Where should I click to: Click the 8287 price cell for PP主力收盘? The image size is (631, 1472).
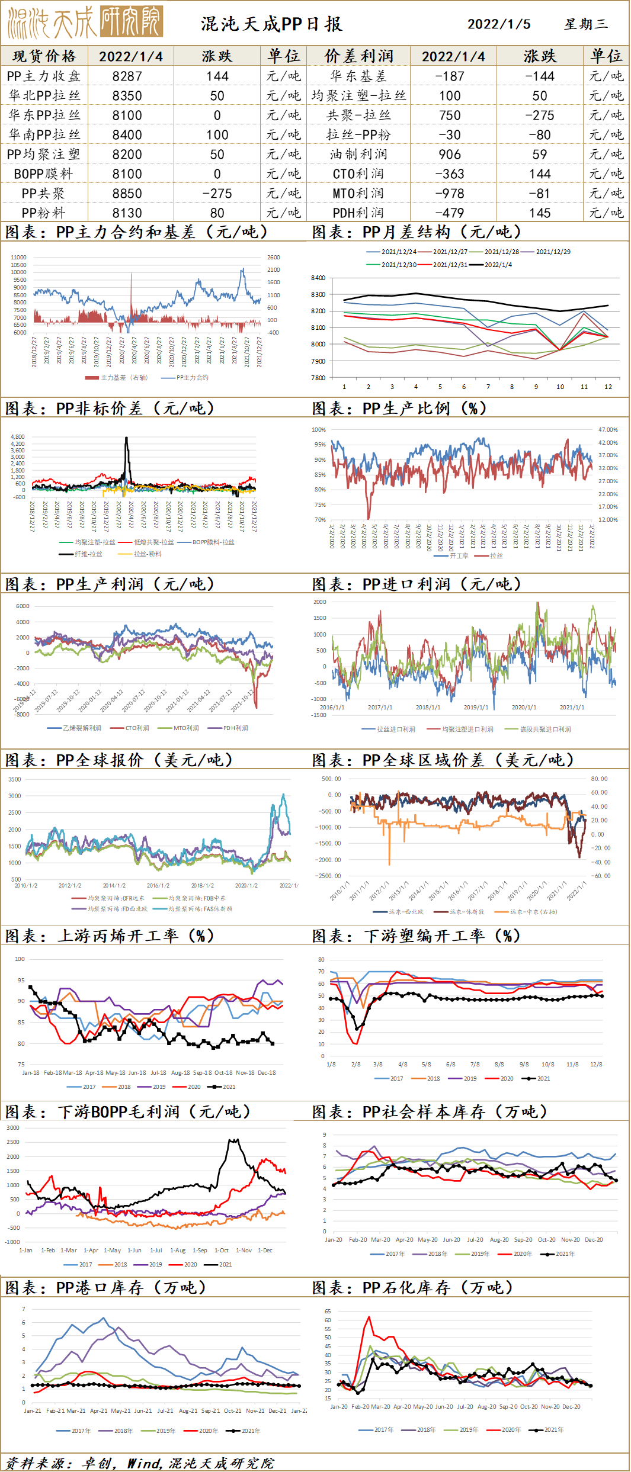point(127,76)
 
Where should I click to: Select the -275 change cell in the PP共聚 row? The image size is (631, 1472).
point(217,194)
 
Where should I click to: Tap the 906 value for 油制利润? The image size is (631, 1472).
point(450,155)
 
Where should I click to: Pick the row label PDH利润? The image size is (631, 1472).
point(358,213)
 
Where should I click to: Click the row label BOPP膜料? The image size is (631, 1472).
point(43,174)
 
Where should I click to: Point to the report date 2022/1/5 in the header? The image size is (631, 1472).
point(499,24)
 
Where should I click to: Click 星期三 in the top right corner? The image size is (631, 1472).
point(585,24)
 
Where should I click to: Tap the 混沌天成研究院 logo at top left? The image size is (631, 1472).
point(85,23)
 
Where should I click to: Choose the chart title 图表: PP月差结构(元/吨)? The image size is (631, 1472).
point(417,232)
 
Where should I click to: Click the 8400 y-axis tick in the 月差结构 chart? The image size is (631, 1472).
point(318,278)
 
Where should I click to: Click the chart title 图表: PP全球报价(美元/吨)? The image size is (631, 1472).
point(119,760)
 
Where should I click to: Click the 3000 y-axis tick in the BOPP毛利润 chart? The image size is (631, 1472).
point(13,1127)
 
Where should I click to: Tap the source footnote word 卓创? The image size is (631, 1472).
point(97,1463)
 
